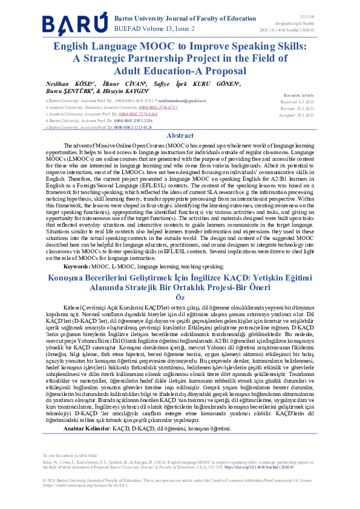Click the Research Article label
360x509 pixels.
coord(299,96)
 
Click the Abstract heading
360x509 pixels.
coord(180,135)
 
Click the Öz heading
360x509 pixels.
coord(180,297)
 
